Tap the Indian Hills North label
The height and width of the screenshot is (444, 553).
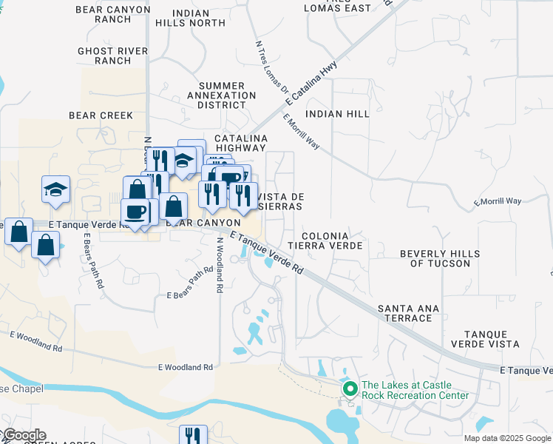pos(199,18)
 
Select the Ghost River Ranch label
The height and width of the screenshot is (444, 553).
pos(113,55)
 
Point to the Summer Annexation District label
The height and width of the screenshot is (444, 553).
pos(221,95)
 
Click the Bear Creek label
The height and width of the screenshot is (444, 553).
pos(101,115)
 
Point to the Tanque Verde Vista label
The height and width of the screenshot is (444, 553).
pos(491,340)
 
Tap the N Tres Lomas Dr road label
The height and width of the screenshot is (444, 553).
pos(271,67)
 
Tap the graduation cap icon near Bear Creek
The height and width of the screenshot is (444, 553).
pos(55,189)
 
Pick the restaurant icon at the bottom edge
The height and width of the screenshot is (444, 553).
pos(194,435)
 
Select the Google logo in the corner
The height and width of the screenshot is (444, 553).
pos(24,436)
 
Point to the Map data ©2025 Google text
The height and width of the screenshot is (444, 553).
pos(507,438)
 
